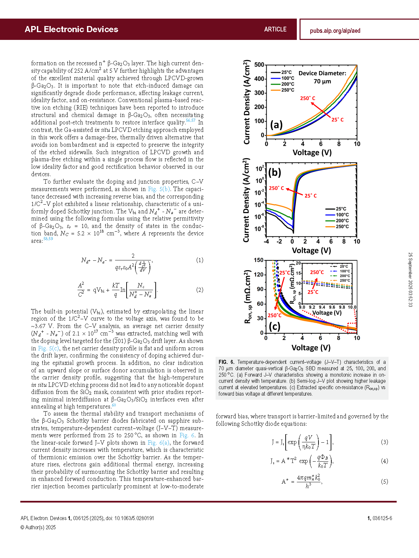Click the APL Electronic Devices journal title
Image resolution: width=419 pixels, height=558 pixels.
(x=71, y=29)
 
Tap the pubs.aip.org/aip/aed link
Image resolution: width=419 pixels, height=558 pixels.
(x=335, y=31)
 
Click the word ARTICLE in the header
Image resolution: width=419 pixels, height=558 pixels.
(x=275, y=29)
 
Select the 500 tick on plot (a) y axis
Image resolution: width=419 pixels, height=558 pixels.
(x=259, y=65)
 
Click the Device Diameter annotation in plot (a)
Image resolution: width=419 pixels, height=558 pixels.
(x=322, y=73)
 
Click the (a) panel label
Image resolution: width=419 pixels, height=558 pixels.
(x=276, y=125)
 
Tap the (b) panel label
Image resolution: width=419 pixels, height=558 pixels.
(x=274, y=172)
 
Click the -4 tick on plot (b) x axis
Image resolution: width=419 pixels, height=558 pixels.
(x=267, y=241)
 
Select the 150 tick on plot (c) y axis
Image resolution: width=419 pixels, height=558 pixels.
(x=259, y=260)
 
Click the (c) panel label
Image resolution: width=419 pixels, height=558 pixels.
(x=274, y=326)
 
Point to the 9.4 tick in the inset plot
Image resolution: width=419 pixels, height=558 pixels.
(x=322, y=307)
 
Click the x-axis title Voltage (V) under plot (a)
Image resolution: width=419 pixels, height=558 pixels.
(x=312, y=153)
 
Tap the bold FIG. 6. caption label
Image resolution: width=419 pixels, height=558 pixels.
(x=226, y=362)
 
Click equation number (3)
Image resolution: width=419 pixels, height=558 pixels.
(x=384, y=442)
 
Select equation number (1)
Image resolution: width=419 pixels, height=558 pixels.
(x=200, y=260)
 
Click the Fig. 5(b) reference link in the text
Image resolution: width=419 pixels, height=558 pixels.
(x=159, y=189)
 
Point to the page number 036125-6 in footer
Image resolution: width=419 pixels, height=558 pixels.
(x=382, y=518)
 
